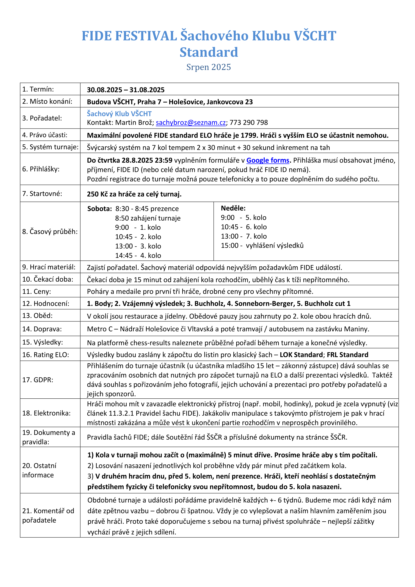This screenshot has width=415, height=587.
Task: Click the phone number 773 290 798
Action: point(249,122)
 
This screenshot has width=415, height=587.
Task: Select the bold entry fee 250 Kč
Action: point(97,194)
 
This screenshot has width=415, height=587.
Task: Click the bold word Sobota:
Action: point(100,209)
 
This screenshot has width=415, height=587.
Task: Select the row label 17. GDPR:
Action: point(38,380)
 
